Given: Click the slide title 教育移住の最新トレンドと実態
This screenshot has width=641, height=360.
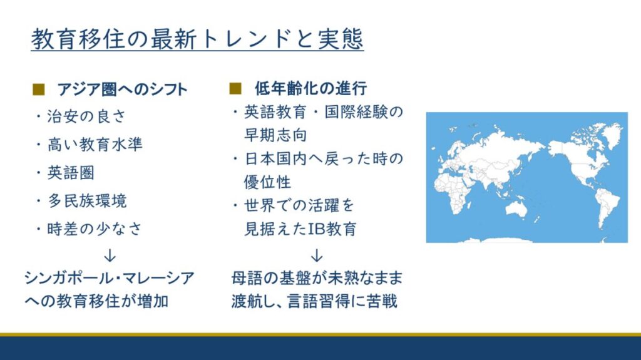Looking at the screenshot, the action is (197, 39).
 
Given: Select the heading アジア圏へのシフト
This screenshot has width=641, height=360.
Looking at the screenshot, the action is (122, 89).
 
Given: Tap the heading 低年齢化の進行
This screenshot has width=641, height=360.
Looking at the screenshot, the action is (310, 88).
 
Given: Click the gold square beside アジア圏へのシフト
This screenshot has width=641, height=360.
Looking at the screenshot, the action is (38, 89).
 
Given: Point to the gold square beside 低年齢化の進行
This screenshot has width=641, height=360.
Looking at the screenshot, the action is (235, 88).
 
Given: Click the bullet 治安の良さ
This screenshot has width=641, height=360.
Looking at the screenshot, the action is (86, 116).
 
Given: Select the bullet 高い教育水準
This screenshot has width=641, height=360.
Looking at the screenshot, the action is (95, 145).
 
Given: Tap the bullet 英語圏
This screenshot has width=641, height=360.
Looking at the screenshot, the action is (71, 173).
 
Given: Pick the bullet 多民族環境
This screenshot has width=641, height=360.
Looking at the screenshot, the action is (87, 200).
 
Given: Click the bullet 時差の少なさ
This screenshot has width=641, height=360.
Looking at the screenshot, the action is (95, 229).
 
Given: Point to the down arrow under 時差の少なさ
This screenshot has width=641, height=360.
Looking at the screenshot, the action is (110, 255).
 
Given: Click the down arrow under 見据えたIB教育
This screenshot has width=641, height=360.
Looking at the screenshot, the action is (317, 255).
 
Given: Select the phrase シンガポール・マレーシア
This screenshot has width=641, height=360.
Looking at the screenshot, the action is (110, 278).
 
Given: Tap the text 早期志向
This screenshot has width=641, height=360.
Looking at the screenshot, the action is (275, 135).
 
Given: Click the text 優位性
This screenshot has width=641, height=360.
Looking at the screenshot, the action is (267, 182).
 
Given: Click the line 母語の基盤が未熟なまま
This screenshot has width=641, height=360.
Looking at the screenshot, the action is (317, 278).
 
